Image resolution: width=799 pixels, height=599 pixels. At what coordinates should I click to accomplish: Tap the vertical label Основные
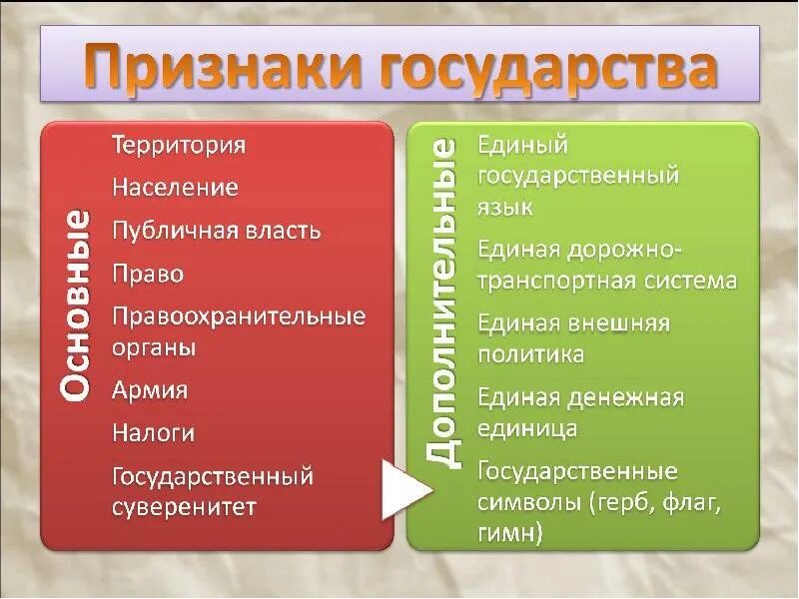pyautogui.click(x=78, y=305)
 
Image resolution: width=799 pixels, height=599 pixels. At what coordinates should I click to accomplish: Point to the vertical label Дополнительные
pyautogui.click(x=442, y=303)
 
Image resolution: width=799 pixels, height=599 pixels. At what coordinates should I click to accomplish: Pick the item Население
pyautogui.click(x=175, y=187)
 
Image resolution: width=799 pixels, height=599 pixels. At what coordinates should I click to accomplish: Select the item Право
pyautogui.click(x=148, y=274)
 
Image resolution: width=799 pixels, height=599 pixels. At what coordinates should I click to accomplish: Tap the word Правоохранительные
pyautogui.click(x=239, y=317)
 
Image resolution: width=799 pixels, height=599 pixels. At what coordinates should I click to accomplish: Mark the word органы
pyautogui.click(x=153, y=348)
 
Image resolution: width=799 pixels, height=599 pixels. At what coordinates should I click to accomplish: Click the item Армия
pyautogui.click(x=150, y=389)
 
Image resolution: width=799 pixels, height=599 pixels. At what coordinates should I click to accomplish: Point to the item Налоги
pyautogui.click(x=153, y=433)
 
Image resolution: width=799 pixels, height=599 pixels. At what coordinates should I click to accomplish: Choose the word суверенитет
pyautogui.click(x=184, y=507)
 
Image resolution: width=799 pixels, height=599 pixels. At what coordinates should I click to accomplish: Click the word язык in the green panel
pyautogui.click(x=505, y=207)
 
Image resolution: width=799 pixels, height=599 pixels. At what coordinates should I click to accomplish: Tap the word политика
pyautogui.click(x=530, y=354)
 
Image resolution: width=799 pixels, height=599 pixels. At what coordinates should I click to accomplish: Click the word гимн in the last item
pyautogui.click(x=509, y=534)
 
